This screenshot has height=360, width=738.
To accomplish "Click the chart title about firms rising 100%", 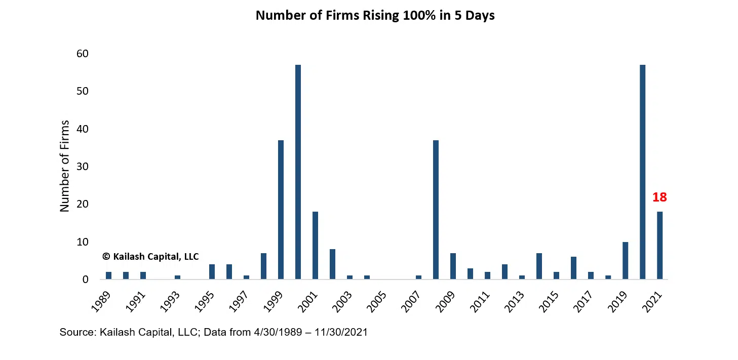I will tap(375, 16).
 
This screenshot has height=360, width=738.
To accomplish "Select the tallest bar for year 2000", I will tap(298, 172).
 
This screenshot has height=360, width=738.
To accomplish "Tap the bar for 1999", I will tap(281, 210).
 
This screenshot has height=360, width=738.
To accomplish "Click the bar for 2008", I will tap(436, 210).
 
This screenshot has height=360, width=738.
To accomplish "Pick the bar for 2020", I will tap(642, 172).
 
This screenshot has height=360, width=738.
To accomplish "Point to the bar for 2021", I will tap(659, 246).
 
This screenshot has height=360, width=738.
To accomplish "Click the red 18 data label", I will tap(659, 197).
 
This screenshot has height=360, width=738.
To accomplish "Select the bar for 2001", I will tap(315, 246).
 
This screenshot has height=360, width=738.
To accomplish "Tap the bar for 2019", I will tap(625, 261).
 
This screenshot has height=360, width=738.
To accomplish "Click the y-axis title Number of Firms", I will tap(65, 166).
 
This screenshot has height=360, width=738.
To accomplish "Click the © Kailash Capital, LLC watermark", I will tap(150, 257).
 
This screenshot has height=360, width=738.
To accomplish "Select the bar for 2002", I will tap(332, 264).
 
